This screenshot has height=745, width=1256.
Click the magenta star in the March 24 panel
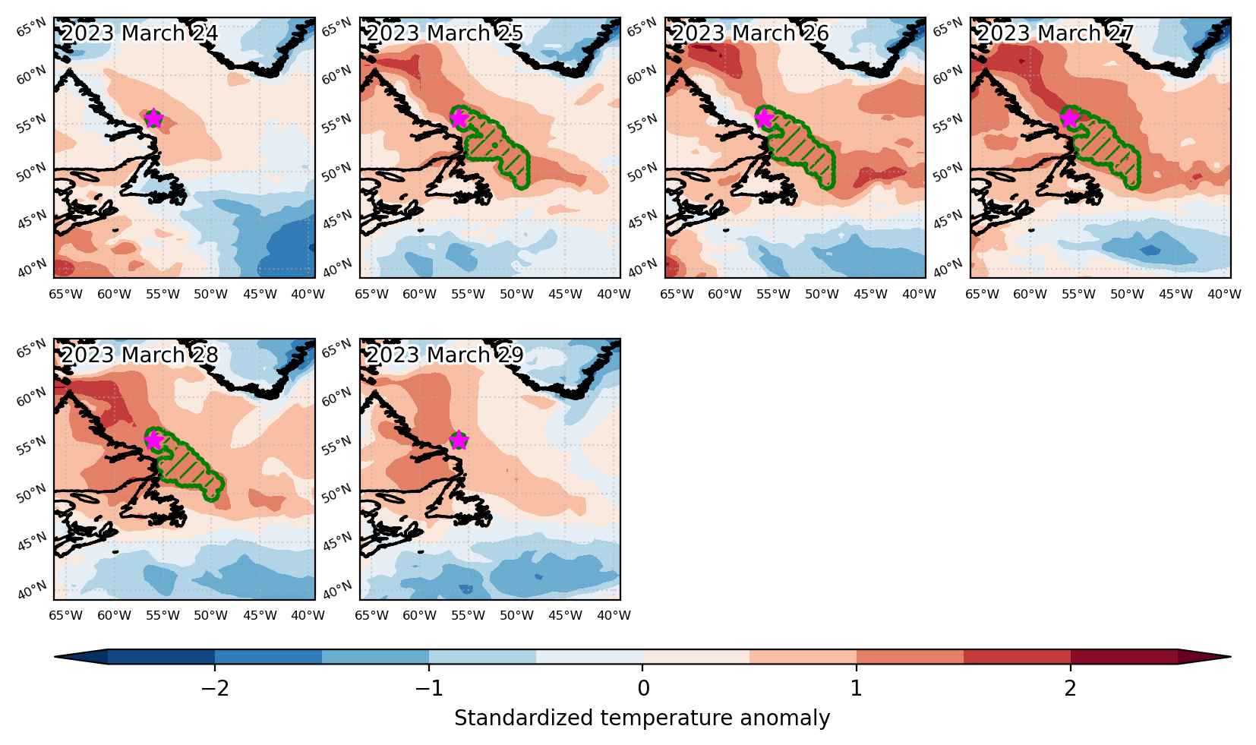(x=153, y=118)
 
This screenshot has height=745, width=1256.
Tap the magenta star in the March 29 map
(x=459, y=440)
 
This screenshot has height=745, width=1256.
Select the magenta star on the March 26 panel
(x=764, y=118)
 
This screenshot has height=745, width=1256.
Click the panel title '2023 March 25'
(x=445, y=33)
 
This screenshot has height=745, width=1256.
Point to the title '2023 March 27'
(x=1056, y=33)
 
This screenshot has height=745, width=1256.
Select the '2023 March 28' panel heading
(x=140, y=355)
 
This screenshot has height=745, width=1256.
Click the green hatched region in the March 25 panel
(x=494, y=146)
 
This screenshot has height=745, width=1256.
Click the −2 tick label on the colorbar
(x=215, y=688)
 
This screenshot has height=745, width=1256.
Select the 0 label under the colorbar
(x=643, y=688)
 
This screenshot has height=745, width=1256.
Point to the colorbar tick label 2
(x=1071, y=688)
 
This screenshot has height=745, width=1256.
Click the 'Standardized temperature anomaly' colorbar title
(x=642, y=718)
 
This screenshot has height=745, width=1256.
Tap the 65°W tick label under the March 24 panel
(x=65, y=295)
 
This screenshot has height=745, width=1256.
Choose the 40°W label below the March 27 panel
(x=1224, y=295)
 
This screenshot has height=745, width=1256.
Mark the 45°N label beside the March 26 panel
(x=642, y=220)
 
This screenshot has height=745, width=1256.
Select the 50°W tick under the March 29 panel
(x=516, y=615)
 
